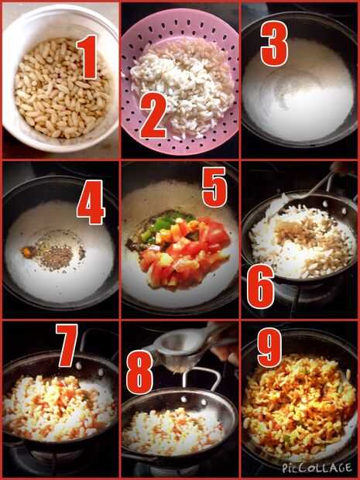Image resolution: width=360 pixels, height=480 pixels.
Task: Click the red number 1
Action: click(88, 57)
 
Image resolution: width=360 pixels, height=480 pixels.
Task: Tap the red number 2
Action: click(153, 115)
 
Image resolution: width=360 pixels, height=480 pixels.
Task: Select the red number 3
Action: click(274, 43)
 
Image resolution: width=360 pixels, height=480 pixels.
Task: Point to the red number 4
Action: click(91, 202)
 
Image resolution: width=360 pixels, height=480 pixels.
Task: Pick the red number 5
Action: click(214, 187)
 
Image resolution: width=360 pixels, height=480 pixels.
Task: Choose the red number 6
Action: click(260, 286)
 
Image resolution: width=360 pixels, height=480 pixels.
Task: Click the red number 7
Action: click(67, 345)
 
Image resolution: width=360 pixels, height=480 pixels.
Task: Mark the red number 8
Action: click(139, 372)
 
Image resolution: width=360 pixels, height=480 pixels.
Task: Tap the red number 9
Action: click(270, 348)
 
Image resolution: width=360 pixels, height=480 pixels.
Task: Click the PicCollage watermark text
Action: click(317, 468)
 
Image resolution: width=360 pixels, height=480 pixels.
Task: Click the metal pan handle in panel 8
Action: click(202, 379)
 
